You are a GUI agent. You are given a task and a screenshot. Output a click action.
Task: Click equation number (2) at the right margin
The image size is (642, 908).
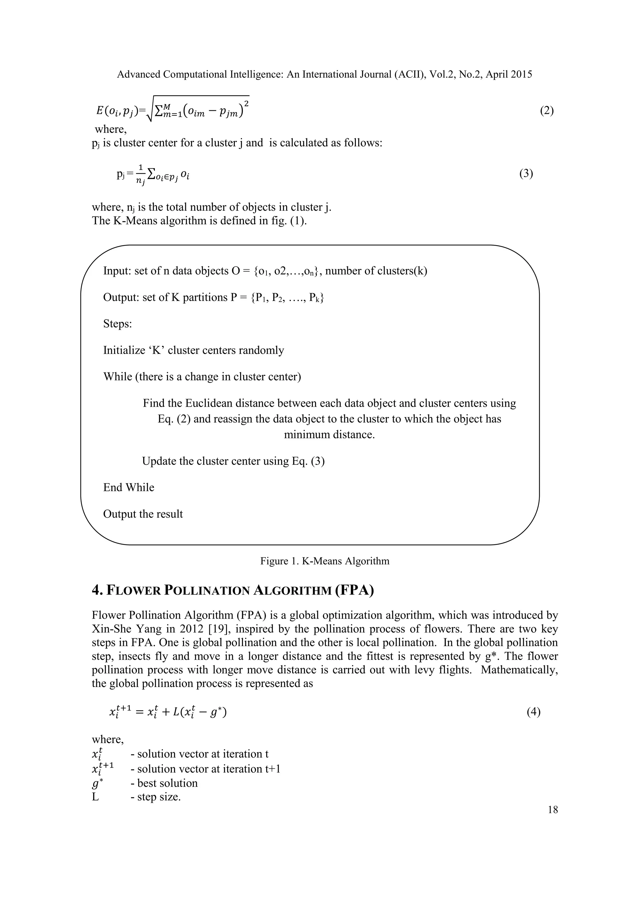point(547,111)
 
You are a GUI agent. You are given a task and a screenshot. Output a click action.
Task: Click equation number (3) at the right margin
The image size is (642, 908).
point(526,174)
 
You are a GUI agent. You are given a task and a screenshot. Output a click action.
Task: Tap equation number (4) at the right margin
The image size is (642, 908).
point(533,712)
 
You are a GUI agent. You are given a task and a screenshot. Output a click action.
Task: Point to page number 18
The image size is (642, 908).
point(553,810)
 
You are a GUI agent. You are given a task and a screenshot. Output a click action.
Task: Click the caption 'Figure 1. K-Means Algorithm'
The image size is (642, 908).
point(324,561)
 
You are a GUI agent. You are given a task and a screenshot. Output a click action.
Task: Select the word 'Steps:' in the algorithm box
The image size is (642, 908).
point(118,324)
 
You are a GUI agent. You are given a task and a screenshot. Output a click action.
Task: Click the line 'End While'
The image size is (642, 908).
point(129,487)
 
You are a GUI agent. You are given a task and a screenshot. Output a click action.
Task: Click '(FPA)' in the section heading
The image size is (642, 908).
point(354,590)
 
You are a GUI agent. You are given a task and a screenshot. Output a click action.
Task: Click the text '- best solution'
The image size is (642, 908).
point(164,783)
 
